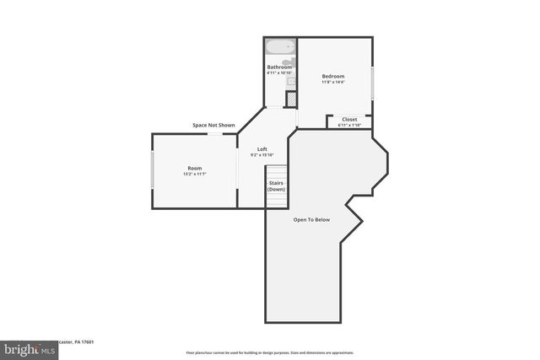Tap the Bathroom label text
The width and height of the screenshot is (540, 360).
(279, 67)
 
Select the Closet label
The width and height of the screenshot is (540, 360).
(349, 120)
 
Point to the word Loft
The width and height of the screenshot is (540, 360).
(262, 149)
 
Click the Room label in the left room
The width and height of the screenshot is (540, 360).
(194, 169)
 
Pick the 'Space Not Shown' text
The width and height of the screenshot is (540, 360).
(213, 125)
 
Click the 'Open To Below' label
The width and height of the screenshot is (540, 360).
(311, 219)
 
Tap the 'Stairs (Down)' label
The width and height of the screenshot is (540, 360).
(276, 185)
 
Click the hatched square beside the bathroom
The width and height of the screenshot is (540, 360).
(291, 99)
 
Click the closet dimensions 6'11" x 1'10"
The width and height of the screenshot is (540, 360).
(349, 125)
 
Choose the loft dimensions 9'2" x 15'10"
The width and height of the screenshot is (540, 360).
(262, 154)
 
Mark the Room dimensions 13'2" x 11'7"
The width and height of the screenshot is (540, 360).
(194, 174)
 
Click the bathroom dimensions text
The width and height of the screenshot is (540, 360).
(279, 73)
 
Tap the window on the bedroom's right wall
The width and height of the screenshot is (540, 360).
(371, 82)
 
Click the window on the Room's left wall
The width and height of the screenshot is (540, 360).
(152, 170)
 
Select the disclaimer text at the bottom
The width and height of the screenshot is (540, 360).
(269, 352)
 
